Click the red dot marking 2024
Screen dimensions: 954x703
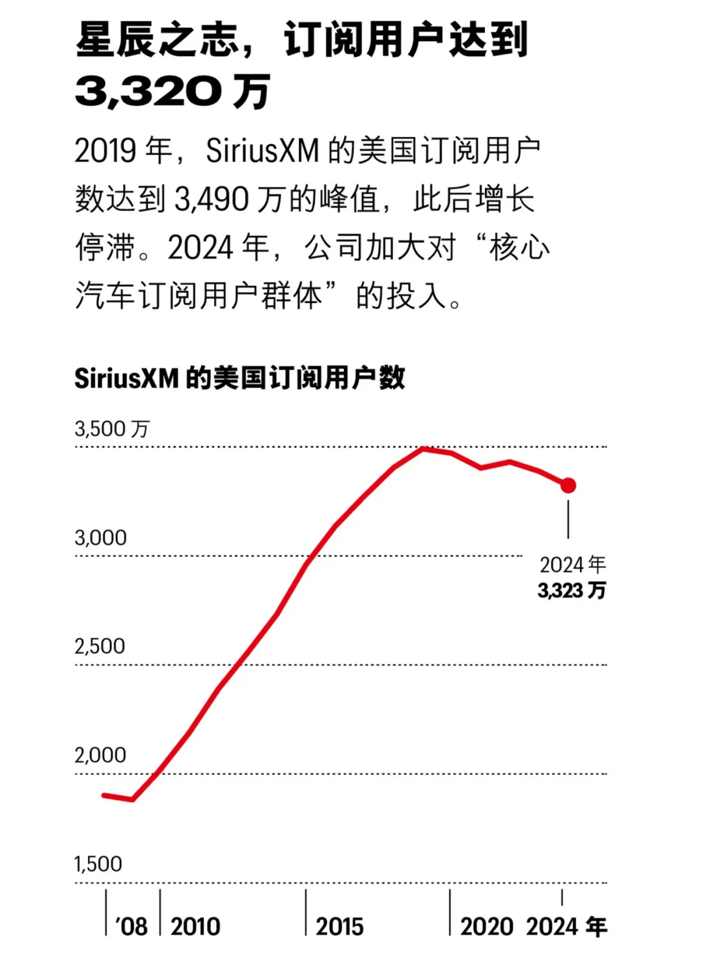point(568,485)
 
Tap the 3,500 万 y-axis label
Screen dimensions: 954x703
point(112,429)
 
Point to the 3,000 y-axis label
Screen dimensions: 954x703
point(100,538)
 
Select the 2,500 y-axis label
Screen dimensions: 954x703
point(100,646)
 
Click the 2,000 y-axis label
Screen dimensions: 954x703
point(100,755)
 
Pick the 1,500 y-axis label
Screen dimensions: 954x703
point(98,863)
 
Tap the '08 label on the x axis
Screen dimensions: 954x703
point(131,926)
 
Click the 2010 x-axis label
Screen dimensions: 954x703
point(195,926)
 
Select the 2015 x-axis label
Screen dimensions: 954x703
point(340,926)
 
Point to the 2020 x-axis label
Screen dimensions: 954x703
point(486,926)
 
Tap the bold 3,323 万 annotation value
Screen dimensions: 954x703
point(572,590)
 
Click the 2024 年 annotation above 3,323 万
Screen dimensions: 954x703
point(573,564)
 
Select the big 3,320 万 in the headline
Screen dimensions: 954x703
point(172,91)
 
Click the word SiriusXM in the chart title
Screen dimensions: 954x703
point(126,378)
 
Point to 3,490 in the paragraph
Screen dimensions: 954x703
point(212,199)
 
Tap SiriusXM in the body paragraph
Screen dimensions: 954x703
point(262,151)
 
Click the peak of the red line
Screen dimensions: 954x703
point(423,448)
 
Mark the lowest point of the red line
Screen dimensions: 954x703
point(133,800)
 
